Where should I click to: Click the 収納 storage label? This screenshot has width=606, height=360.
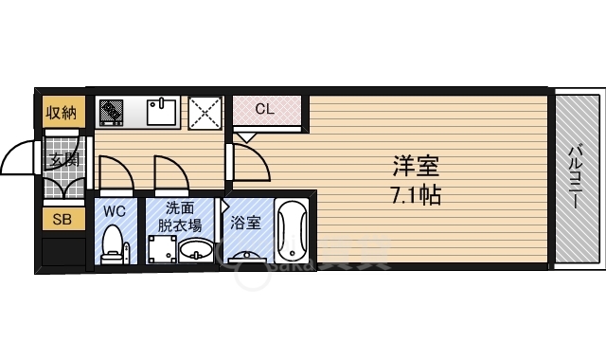62,112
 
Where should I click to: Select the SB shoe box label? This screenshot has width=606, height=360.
62,220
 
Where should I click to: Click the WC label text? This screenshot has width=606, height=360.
115,209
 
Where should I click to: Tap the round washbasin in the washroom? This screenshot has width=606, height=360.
197,249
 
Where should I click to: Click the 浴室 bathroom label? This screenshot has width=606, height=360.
246,224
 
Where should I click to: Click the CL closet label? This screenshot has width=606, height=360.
265,109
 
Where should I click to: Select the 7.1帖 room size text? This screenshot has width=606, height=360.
417,197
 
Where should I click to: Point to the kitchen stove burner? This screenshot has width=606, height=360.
112,113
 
